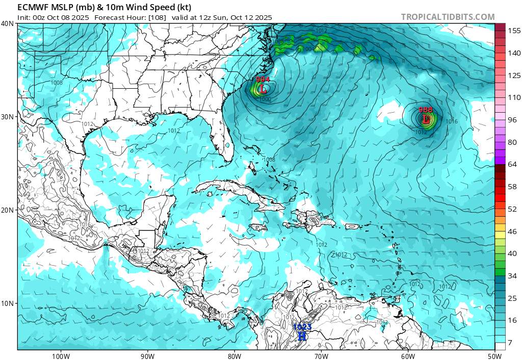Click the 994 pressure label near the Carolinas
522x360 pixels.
pos(263,80)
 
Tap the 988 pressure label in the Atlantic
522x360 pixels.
pos(426,110)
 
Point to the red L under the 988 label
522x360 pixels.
pos(426,119)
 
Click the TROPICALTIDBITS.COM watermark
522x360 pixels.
pos(448,17)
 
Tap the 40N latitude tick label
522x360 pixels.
pos(8,23)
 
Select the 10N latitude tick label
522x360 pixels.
pos(8,303)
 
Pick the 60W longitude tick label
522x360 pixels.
pos(408,356)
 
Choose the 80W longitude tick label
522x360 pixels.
pos(234,356)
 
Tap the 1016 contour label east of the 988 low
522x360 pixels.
pos(451,121)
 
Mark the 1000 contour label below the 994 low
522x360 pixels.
pos(265,99)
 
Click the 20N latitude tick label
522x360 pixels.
pos(8,210)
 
